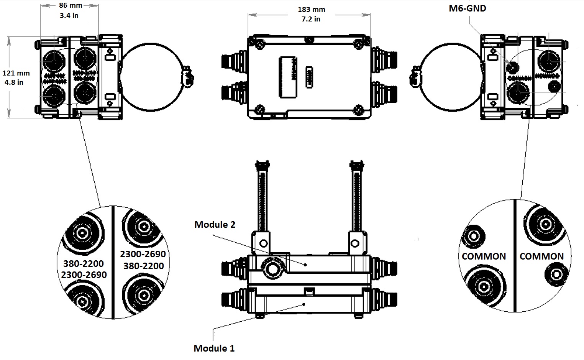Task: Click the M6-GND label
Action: pos(468,8)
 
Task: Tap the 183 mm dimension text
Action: pos(311,10)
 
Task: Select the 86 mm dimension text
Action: pos(70,6)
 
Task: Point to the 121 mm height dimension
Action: pos(16,73)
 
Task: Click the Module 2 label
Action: pos(215,224)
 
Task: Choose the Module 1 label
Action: pos(214,348)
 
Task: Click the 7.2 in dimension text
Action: pos(311,19)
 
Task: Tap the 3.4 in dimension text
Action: pos(69,16)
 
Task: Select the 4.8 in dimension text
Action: pos(14,82)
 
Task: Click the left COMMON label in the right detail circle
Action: pos(484,256)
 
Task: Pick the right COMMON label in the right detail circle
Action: pos(541,256)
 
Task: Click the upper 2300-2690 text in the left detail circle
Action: pos(143,254)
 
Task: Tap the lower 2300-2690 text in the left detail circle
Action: pos(84,275)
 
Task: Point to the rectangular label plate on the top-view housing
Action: pos(288,76)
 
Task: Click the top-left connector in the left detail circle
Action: pos(82,232)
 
